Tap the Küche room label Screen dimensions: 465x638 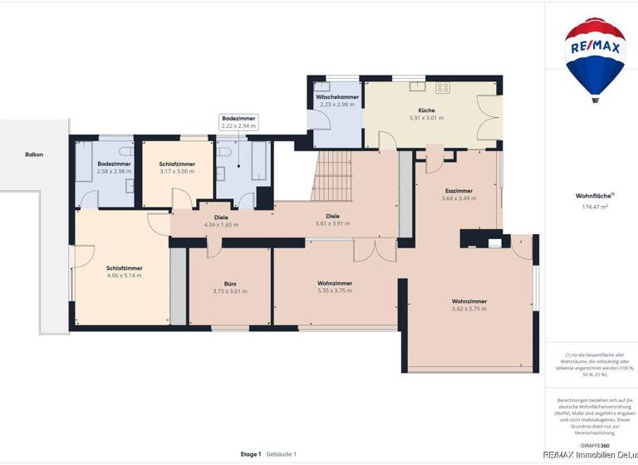pos(426,110)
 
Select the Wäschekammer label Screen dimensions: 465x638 pos(337,98)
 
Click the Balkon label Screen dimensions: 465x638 pos(34,154)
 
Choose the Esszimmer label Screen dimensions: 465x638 pos(459,190)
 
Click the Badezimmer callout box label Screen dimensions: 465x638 pos(239,120)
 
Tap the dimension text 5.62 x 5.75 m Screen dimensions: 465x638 pos(469,309)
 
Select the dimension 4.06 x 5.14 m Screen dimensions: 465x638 pos(125,276)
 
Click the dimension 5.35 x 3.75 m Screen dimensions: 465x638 pos(335,291)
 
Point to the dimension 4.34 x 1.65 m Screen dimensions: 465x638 pos(221,224)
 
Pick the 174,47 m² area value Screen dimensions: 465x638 pos(596,207)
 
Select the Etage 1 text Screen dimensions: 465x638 pos(251,454)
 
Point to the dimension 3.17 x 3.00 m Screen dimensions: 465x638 pos(177,171)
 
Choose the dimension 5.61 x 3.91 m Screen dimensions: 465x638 pos(332,223)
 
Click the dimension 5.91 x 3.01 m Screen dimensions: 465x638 pos(426,118)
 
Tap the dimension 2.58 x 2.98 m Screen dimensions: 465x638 pos(114,171)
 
